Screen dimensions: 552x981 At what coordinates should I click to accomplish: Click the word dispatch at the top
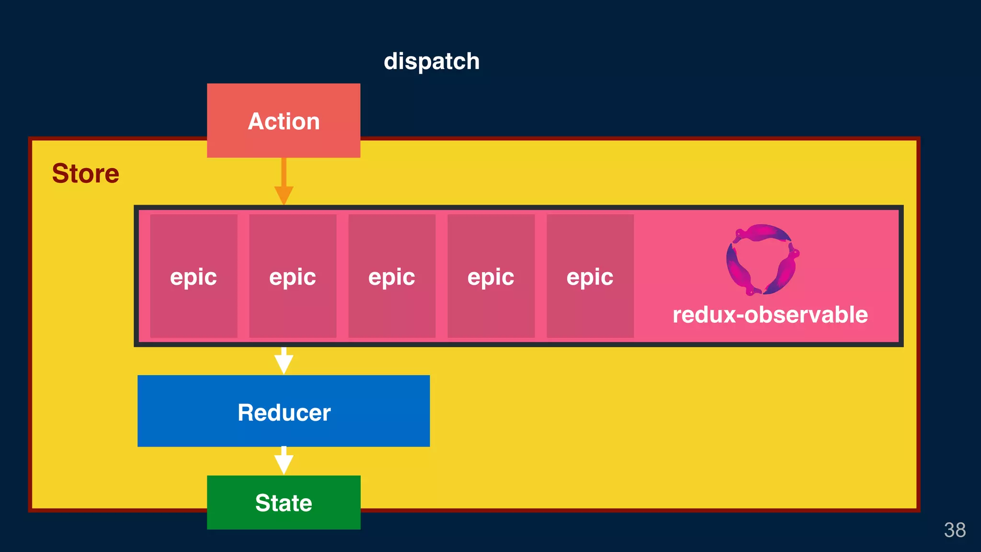pos(431,62)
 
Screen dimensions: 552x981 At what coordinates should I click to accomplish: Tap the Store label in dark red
pos(85,173)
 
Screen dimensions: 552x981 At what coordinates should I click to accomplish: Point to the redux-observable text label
pos(770,315)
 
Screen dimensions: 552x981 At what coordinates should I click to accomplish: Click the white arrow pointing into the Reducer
pos(284,361)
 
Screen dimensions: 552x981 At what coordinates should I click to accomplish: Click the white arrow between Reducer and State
pos(284,461)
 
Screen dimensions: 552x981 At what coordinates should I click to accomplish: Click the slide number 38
pos(954,530)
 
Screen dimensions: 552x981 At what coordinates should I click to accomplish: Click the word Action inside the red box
pos(284,121)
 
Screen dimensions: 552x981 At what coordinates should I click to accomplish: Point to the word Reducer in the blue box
pos(284,413)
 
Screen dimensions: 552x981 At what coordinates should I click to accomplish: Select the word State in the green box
pos(284,503)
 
